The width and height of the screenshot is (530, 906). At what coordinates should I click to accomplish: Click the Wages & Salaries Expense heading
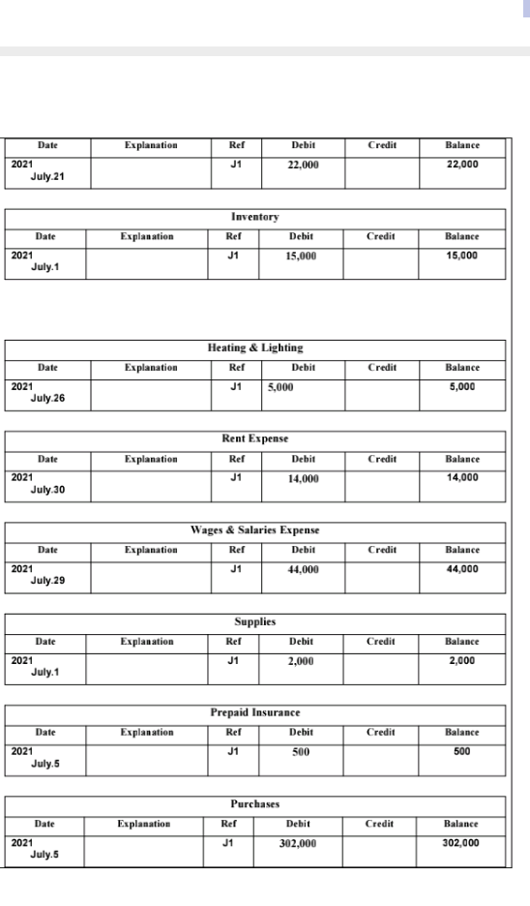(254, 530)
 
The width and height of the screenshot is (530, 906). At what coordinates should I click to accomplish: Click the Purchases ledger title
(254, 804)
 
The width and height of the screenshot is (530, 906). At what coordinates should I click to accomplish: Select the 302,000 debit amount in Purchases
(304, 843)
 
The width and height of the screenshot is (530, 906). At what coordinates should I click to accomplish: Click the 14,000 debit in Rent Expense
(304, 477)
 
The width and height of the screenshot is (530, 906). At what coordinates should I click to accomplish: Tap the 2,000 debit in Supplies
(304, 660)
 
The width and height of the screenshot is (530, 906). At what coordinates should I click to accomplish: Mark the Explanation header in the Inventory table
(147, 235)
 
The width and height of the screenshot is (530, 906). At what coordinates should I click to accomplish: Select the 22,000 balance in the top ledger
(462, 164)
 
